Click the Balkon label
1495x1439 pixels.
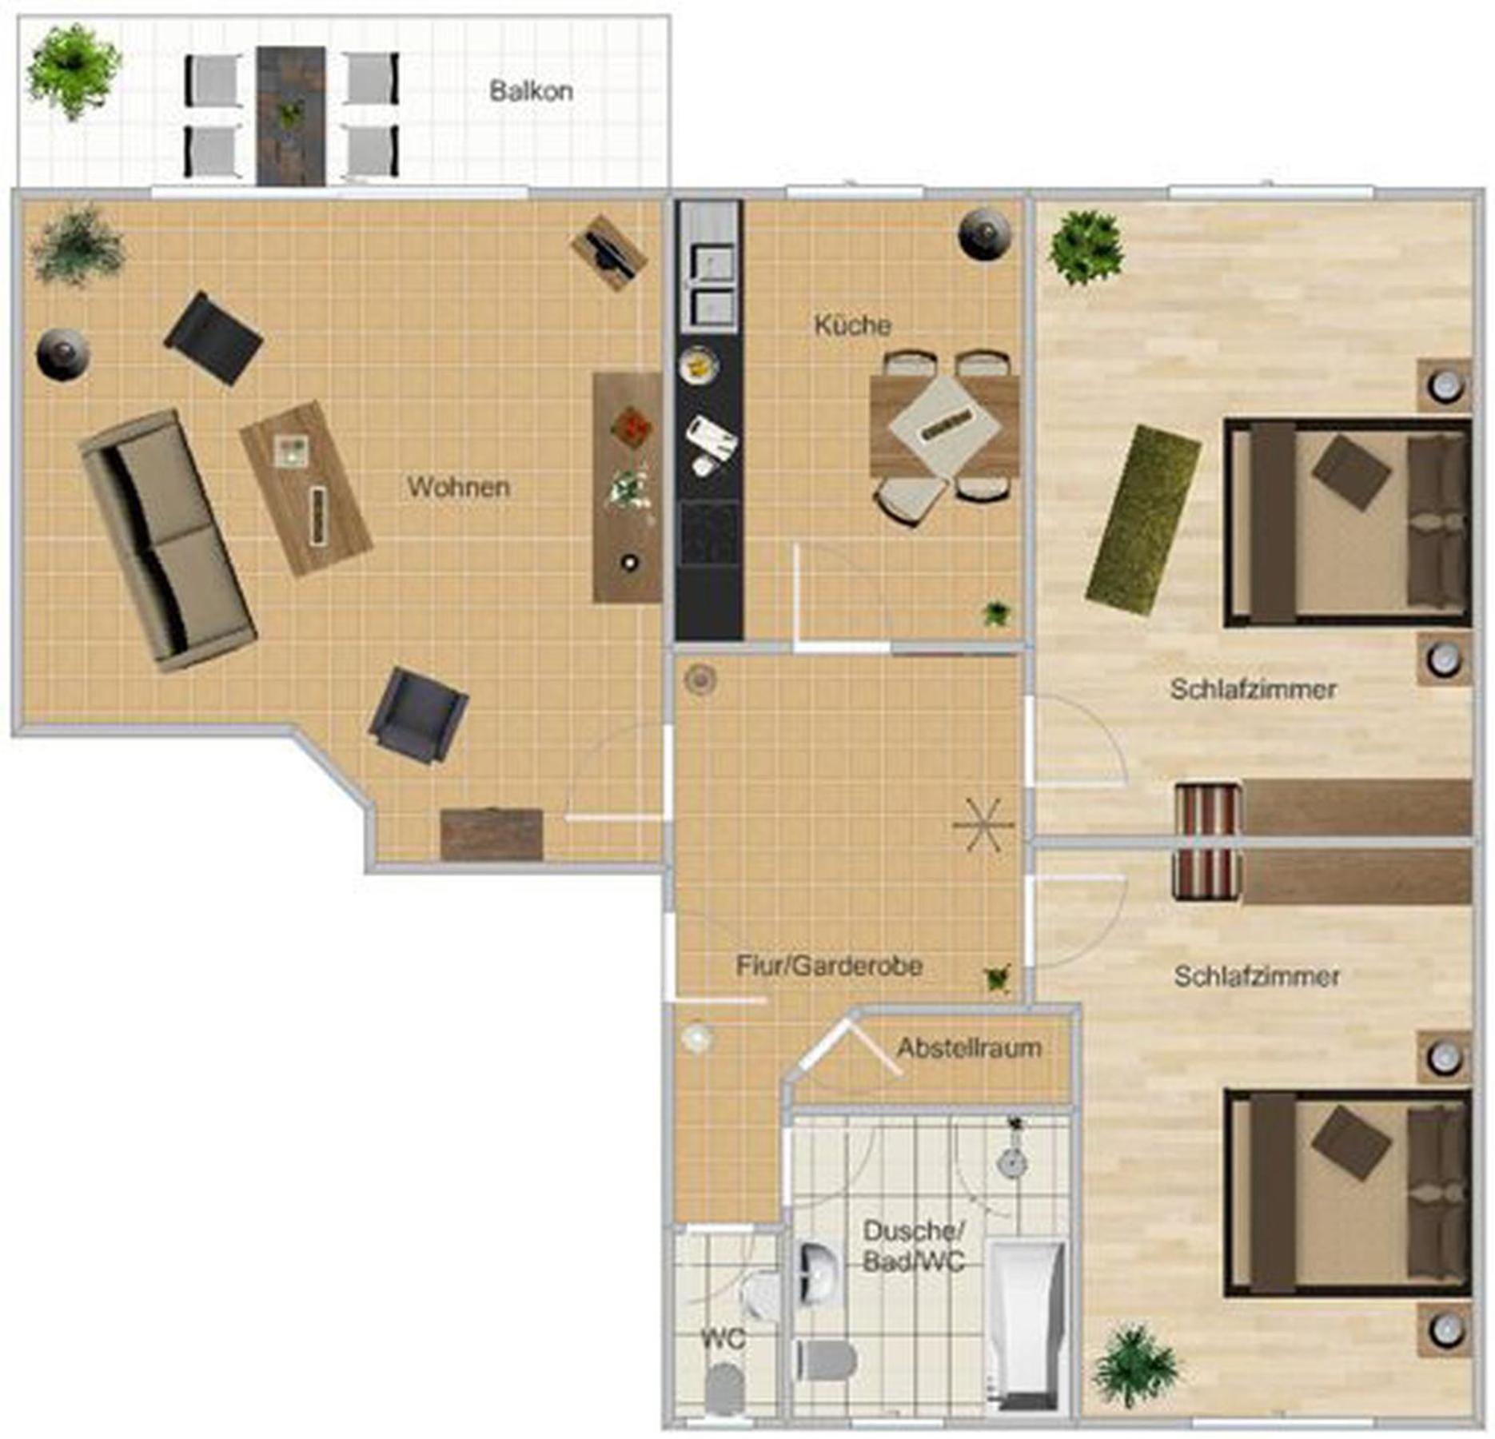[531, 90]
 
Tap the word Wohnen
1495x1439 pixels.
[458, 487]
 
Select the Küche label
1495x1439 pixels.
[852, 325]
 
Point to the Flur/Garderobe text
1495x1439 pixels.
[829, 965]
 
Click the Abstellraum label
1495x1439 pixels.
[969, 1047]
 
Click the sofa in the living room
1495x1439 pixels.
[167, 540]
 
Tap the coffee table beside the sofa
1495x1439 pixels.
[305, 488]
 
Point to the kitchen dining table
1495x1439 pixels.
[944, 428]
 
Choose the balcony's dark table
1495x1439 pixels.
[290, 116]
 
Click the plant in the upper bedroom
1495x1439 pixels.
[1086, 246]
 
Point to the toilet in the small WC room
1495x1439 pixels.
[724, 1389]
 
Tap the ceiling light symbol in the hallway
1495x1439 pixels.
[983, 824]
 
